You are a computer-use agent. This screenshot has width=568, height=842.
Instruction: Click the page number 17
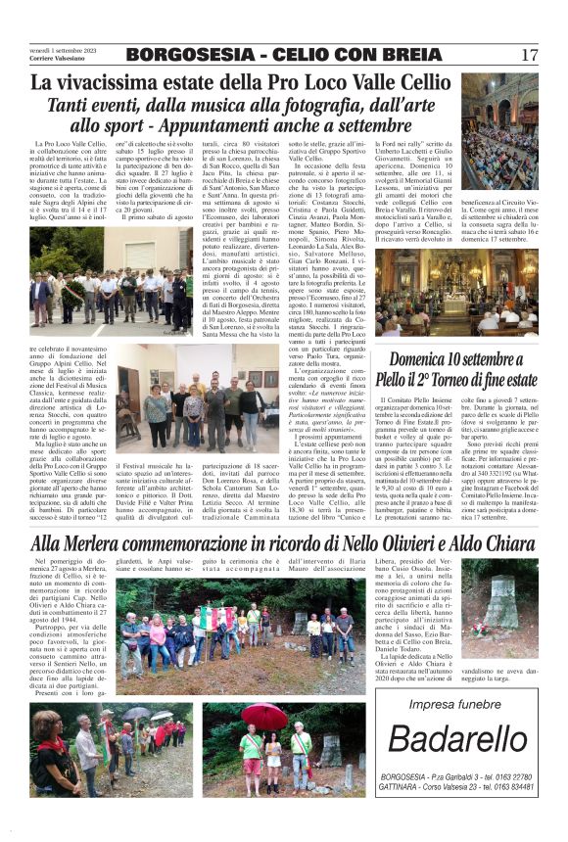530,55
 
